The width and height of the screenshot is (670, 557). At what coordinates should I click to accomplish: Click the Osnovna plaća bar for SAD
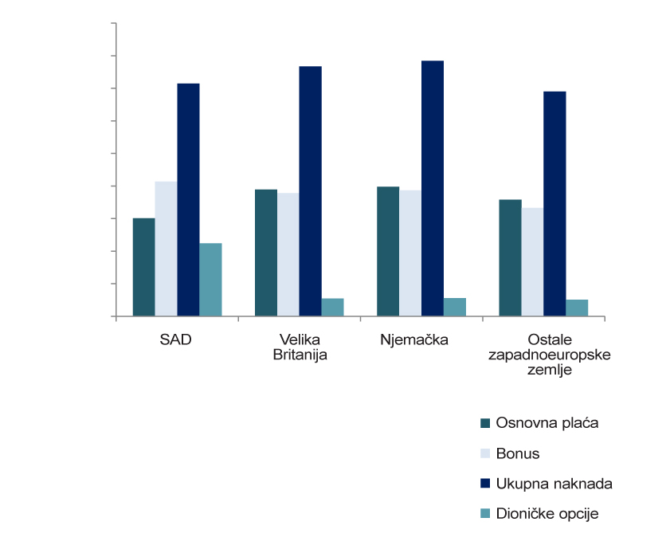pyautogui.click(x=144, y=267)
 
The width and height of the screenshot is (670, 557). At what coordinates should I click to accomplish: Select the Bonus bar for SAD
pyautogui.click(x=167, y=249)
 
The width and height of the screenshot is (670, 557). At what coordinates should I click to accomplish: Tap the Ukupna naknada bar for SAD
pyautogui.click(x=189, y=199)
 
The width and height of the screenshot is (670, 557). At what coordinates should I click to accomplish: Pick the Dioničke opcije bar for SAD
pyautogui.click(x=210, y=280)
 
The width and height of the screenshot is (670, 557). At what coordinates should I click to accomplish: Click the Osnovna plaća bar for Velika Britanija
pyautogui.click(x=266, y=253)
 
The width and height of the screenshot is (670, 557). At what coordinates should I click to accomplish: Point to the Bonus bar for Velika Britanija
pyautogui.click(x=288, y=254)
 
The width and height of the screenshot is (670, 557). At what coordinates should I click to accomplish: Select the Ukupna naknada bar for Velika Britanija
pyautogui.click(x=311, y=191)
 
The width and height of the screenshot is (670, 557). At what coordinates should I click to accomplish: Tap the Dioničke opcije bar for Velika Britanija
pyautogui.click(x=332, y=308)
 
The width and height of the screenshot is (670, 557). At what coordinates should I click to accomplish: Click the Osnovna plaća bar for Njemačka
pyautogui.click(x=388, y=251)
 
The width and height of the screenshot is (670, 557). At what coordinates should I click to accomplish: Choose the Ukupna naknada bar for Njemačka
pyautogui.click(x=433, y=188)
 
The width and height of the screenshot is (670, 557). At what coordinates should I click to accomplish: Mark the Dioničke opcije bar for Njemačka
pyautogui.click(x=455, y=308)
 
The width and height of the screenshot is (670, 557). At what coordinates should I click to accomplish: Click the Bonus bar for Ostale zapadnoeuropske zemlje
pyautogui.click(x=532, y=261)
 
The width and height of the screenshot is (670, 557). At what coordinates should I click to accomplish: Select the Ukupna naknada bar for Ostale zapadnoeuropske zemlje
pyautogui.click(x=554, y=203)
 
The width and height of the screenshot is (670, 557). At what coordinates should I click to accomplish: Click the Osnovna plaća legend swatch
pyautogui.click(x=485, y=422)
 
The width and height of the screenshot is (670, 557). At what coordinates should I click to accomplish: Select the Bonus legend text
pyautogui.click(x=518, y=454)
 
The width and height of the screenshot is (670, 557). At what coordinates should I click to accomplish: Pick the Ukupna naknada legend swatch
pyautogui.click(x=485, y=484)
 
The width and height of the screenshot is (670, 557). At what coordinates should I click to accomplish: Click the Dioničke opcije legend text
pyautogui.click(x=547, y=514)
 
